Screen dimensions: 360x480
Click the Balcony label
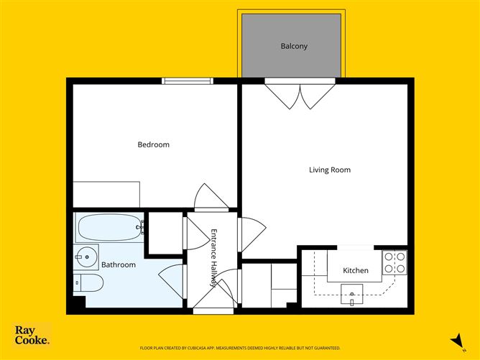(294, 46)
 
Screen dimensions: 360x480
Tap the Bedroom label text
(153, 145)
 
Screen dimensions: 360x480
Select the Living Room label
(329, 170)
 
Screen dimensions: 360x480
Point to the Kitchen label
(355, 271)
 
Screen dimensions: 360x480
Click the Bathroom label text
(118, 265)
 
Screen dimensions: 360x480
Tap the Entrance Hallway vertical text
(213, 257)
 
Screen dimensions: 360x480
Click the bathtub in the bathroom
(109, 229)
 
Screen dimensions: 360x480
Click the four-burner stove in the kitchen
(394, 262)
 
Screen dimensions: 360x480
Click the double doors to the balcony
(300, 96)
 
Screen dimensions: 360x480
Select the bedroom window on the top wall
(188, 81)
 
